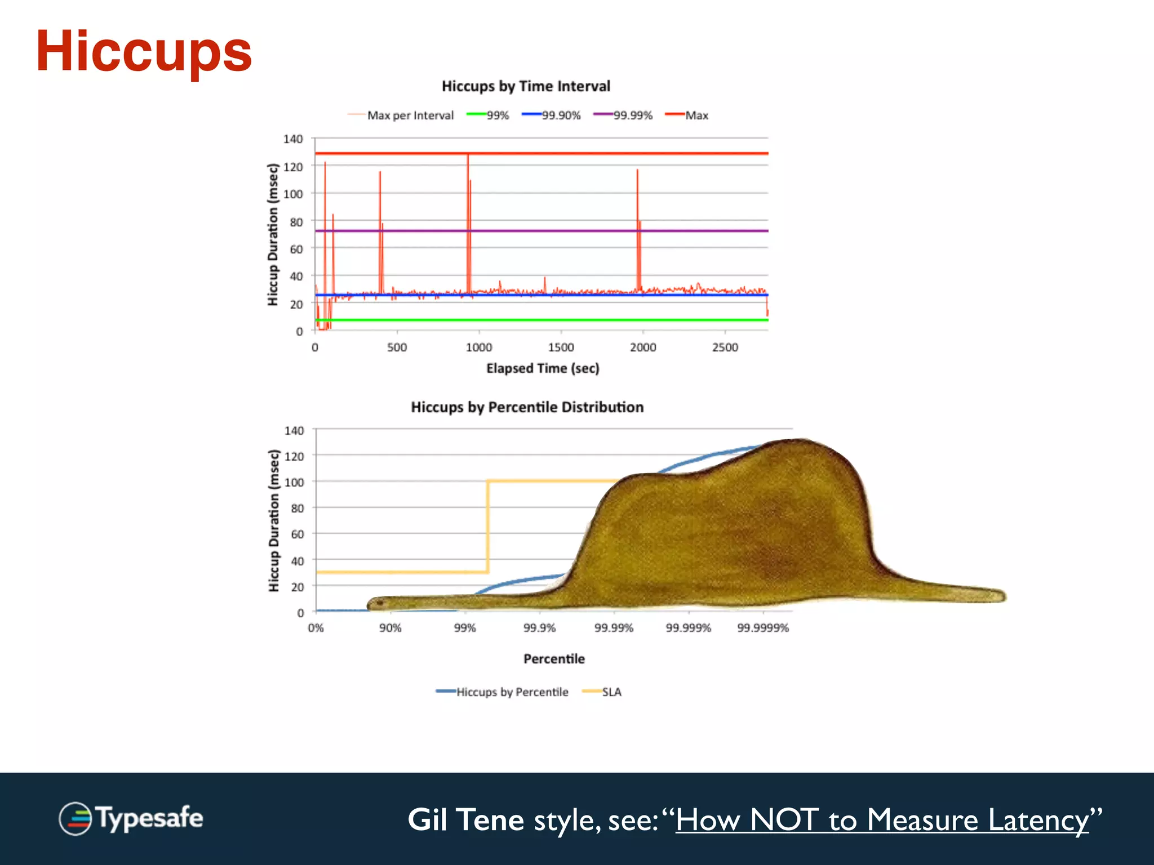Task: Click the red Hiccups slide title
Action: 144,52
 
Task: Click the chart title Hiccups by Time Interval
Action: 525,86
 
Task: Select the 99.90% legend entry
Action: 552,115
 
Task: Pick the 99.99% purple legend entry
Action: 624,115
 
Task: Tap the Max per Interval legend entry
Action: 401,115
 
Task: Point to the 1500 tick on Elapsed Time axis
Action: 561,347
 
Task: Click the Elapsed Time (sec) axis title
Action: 542,368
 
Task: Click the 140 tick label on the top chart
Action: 293,139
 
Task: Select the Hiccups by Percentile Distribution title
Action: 527,407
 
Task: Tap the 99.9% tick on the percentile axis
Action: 539,628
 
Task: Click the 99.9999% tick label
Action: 763,628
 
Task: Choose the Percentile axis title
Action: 554,659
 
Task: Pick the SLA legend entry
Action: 603,692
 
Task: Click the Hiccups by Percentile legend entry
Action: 503,692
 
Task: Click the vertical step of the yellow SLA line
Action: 487,527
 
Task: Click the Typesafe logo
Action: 131,818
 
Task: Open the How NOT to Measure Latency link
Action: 882,820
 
